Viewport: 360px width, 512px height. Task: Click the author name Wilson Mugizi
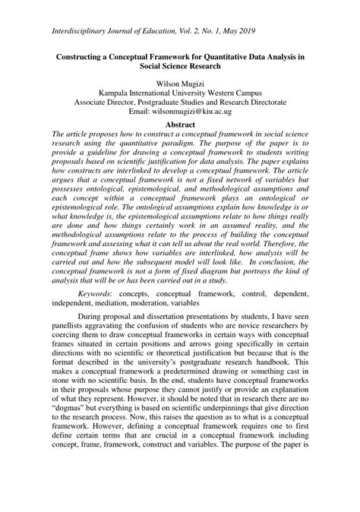click(180, 79)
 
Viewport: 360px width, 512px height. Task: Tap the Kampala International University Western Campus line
click(180, 90)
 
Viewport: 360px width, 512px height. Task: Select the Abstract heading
click(180, 123)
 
